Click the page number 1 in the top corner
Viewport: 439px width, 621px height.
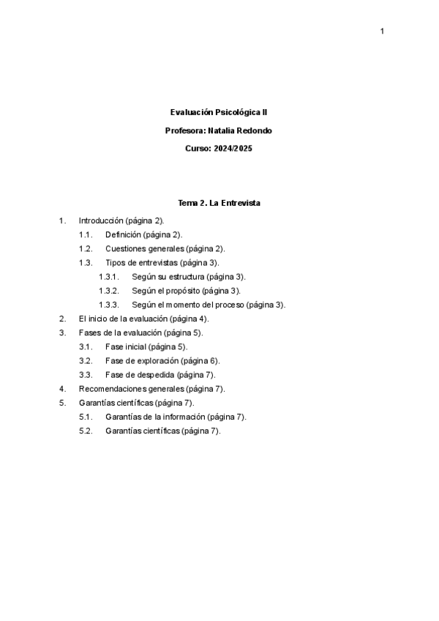tap(382, 31)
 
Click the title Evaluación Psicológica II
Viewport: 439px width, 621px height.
tap(219, 113)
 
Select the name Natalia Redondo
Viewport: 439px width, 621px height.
tap(244, 130)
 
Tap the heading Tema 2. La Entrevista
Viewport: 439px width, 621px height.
tap(219, 202)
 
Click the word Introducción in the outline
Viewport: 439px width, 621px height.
tap(101, 220)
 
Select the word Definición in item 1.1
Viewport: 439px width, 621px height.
tap(123, 234)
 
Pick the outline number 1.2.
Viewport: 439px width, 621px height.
tap(86, 248)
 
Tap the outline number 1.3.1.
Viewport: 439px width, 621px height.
tap(108, 277)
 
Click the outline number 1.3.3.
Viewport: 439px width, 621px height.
tap(108, 305)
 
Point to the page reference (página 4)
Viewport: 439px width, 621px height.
tap(189, 319)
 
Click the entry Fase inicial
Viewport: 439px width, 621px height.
tap(126, 346)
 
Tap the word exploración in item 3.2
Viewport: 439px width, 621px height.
tap(157, 360)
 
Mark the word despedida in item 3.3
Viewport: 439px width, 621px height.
tap(154, 374)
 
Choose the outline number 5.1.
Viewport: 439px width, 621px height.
tap(86, 417)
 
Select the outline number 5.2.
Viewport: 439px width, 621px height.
tap(86, 431)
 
